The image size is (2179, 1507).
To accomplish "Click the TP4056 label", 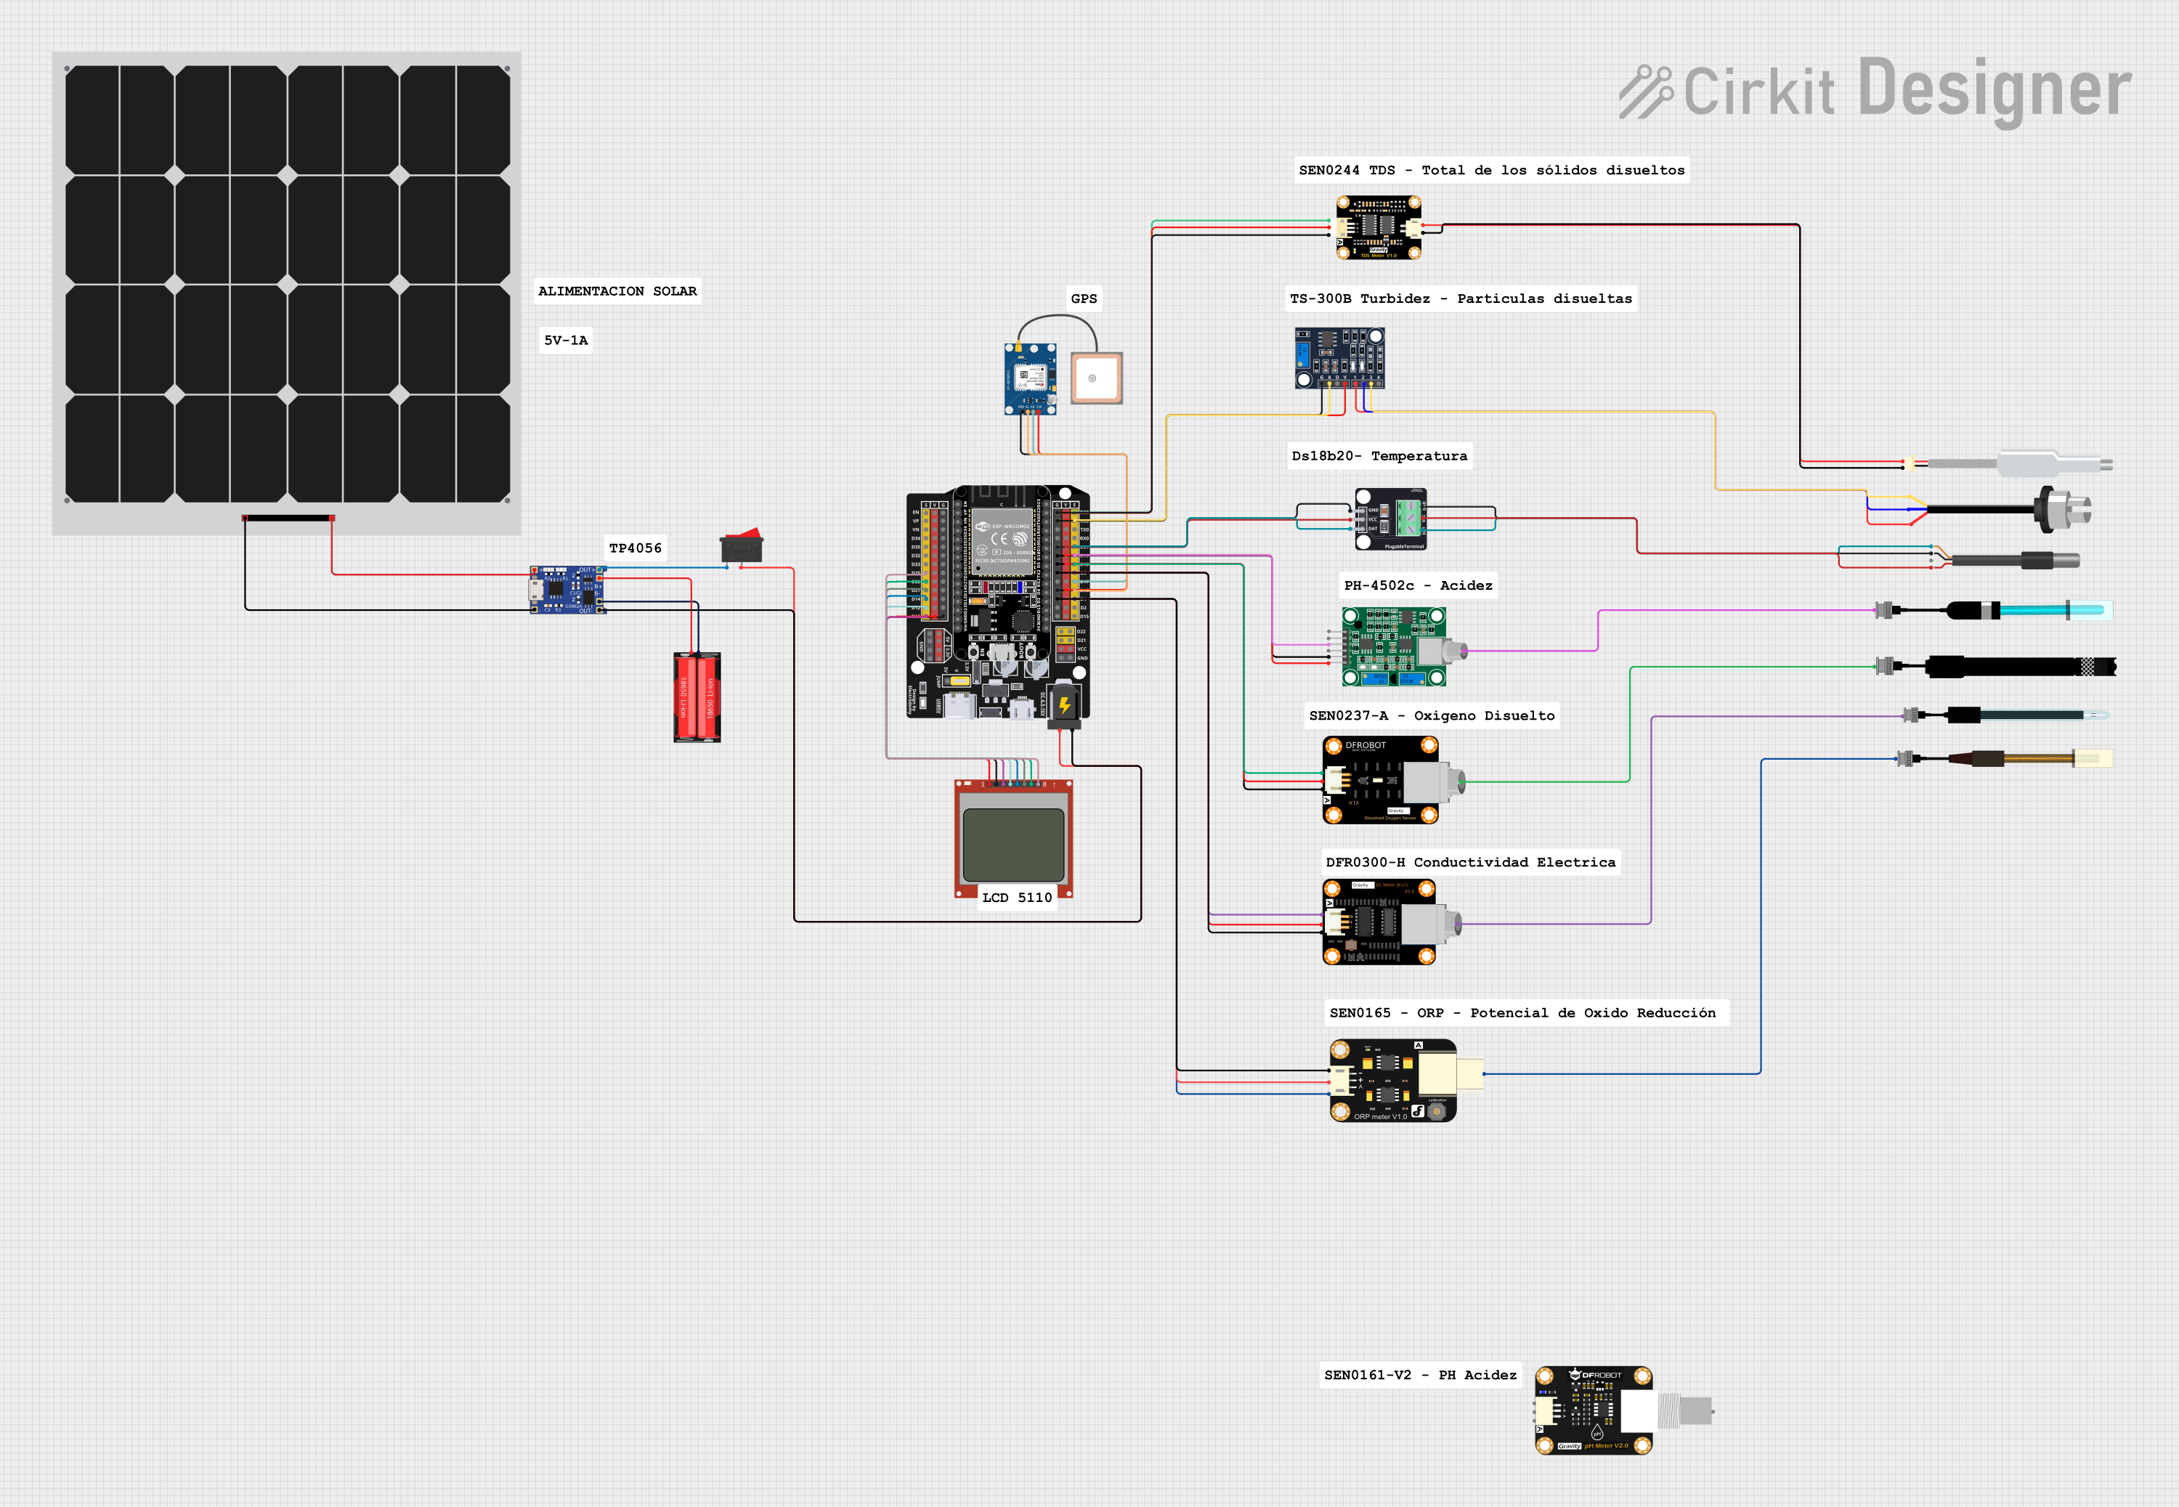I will [x=636, y=548].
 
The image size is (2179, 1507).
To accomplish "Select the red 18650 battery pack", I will [x=697, y=696].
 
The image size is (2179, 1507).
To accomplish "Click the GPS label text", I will [x=1084, y=298].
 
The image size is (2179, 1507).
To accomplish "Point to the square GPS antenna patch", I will [x=1096, y=378].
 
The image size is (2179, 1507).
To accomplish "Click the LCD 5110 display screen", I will [x=1014, y=844].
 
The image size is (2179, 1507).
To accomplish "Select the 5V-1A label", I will [x=566, y=340].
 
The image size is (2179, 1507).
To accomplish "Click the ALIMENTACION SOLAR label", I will [x=617, y=291].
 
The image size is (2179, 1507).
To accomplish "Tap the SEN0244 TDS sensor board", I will [x=1379, y=227].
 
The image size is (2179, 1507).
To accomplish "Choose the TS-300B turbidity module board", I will [x=1339, y=357].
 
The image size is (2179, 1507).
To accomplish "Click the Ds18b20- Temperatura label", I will [x=1379, y=456].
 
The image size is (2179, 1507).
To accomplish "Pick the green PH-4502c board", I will [x=1392, y=647].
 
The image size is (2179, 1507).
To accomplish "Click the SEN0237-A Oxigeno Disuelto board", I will [x=1380, y=781].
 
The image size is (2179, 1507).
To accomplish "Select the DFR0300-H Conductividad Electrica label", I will [x=1470, y=862].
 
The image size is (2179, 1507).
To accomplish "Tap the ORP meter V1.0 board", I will [x=1392, y=1080].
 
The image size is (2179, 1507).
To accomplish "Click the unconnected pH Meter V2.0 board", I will [x=1594, y=1410].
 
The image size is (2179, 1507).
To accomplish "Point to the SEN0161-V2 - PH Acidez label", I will [x=1420, y=1375].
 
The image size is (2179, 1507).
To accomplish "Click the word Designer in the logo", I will [x=1994, y=90].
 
